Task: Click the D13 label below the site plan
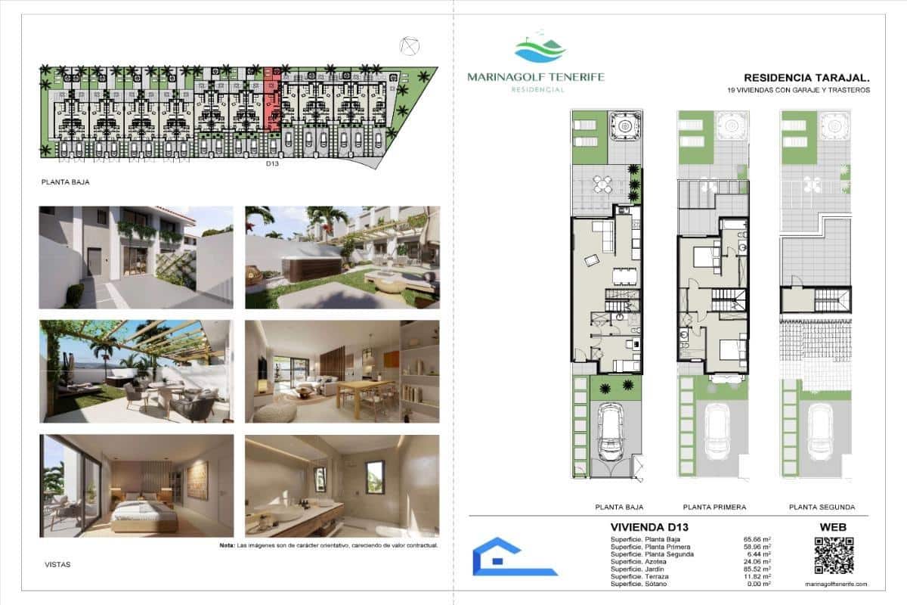coord(272,163)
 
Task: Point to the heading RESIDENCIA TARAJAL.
coord(806,77)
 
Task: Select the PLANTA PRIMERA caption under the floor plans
coord(714,507)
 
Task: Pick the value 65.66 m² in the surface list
coord(757,538)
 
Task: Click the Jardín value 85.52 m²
coord(757,569)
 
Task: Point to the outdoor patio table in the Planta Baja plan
coord(602,184)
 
